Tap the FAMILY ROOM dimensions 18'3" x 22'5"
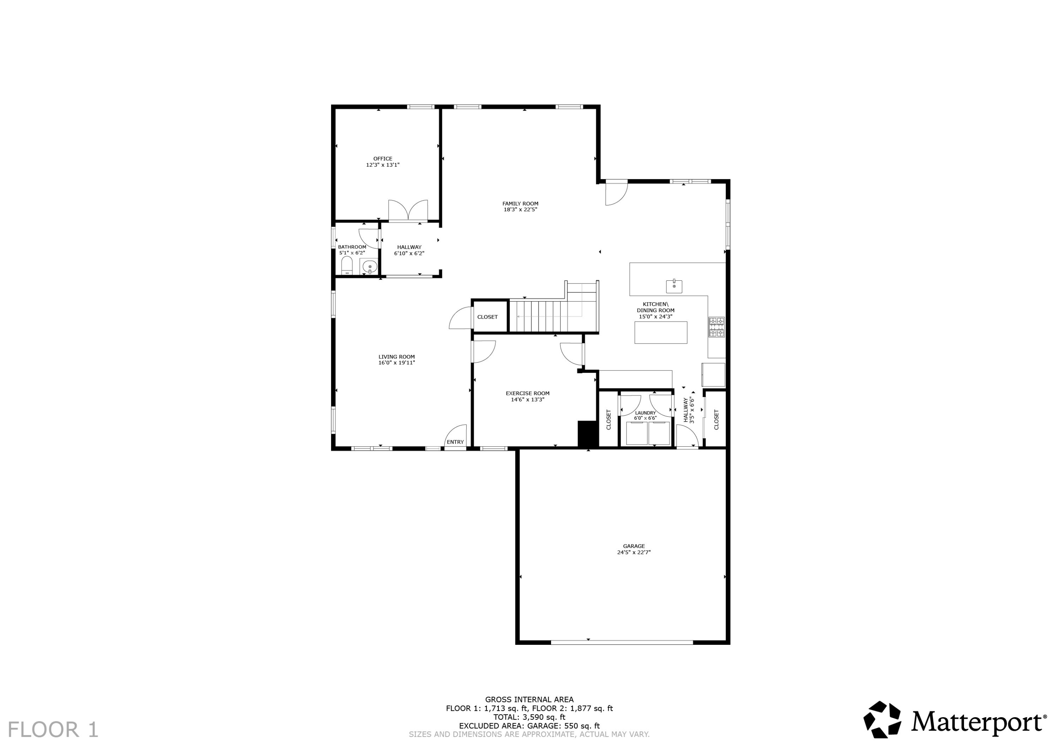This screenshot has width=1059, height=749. coord(520,209)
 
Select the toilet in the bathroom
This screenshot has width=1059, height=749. coord(347,266)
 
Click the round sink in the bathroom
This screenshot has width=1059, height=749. coord(370,267)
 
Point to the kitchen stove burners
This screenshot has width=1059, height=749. coord(716,327)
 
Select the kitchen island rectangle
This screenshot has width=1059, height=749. coord(660,332)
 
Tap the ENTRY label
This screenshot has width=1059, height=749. coord(455,442)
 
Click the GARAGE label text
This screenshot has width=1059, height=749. coord(634,546)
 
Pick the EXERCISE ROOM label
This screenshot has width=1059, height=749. coord(527,393)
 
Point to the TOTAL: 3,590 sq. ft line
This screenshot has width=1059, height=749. coord(529,717)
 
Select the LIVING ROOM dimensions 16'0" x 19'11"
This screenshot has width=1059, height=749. coord(397,363)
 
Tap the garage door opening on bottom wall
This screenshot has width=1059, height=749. coord(621,642)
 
